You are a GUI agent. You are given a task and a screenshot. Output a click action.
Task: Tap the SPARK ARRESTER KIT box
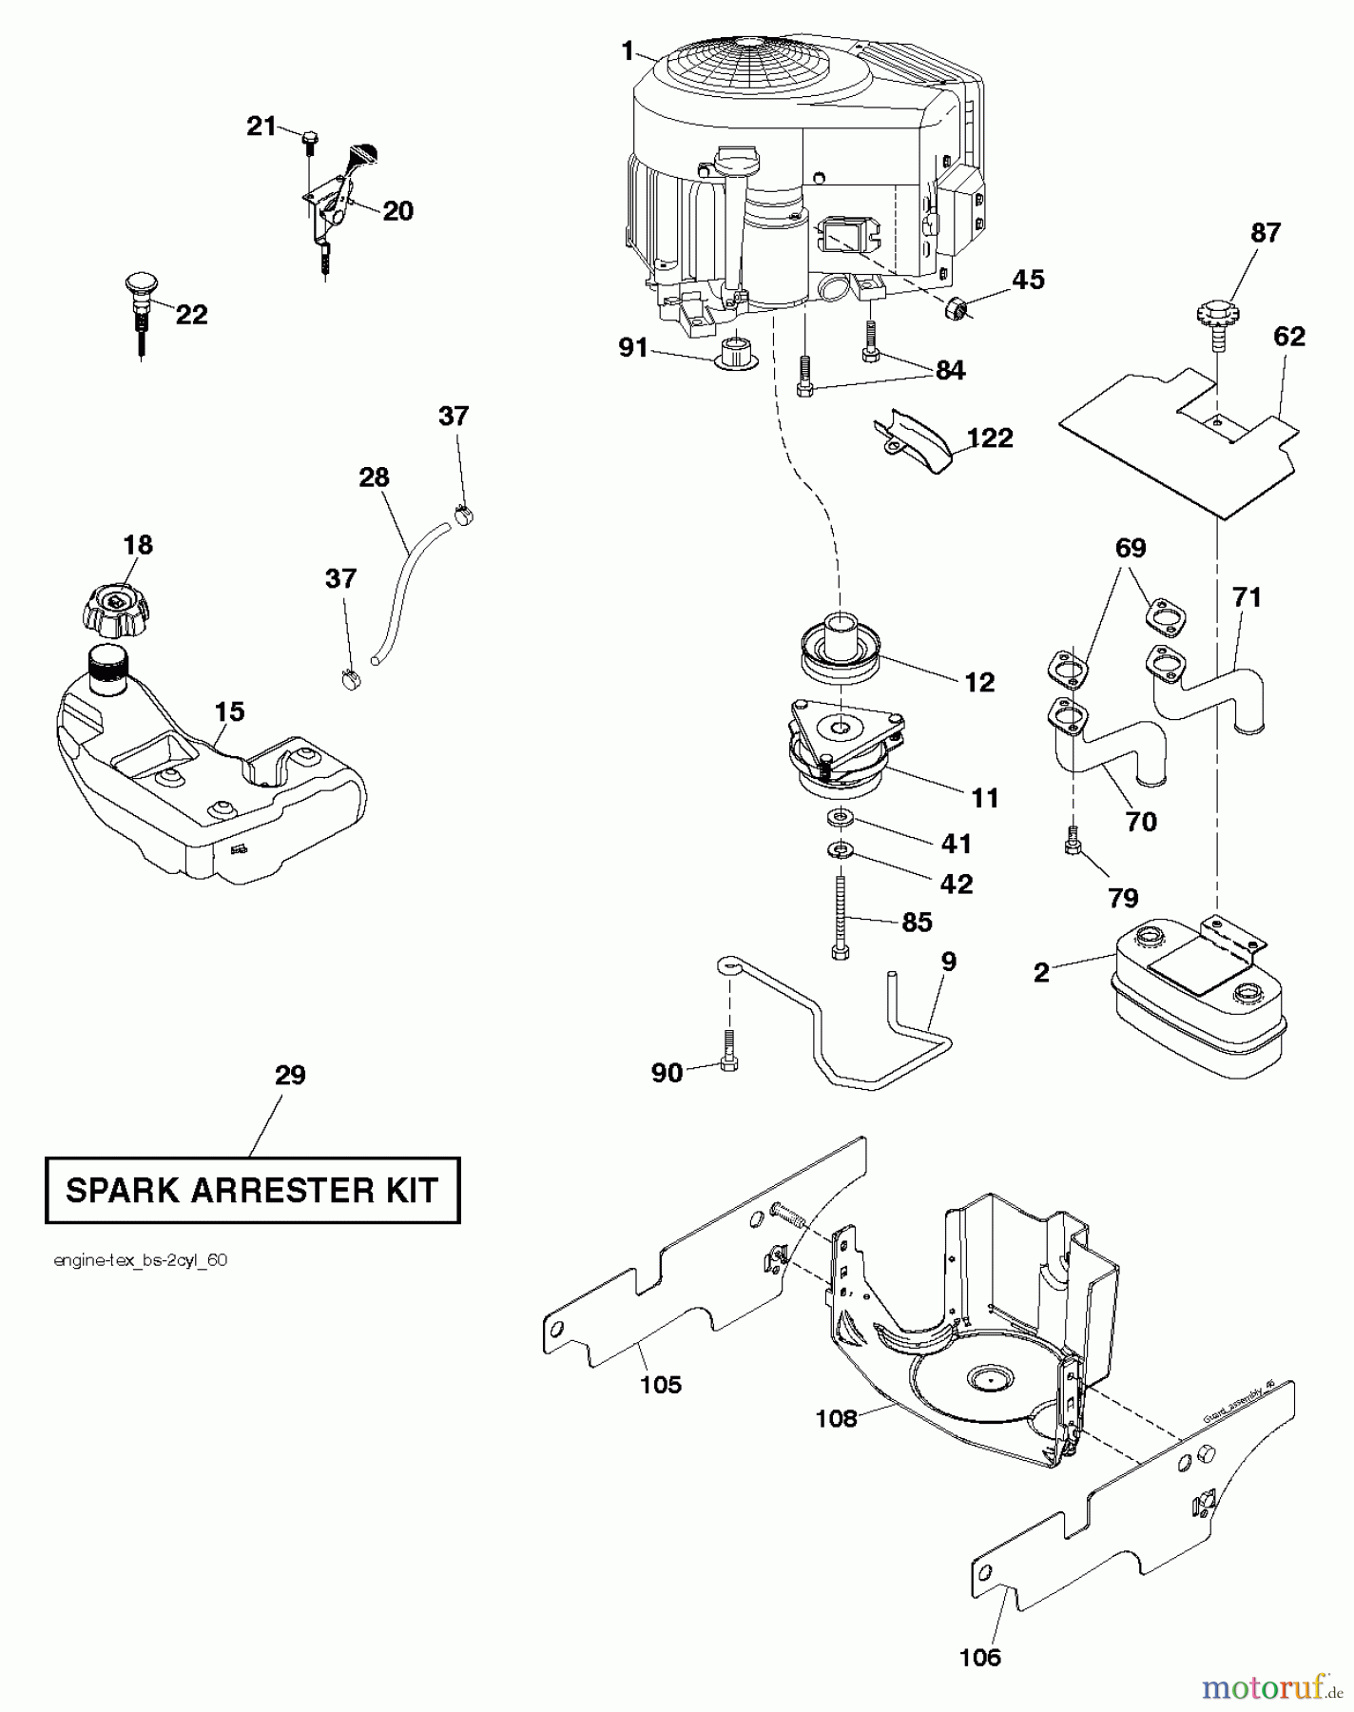coord(252,1189)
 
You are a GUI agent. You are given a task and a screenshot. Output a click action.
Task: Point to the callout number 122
coord(990,438)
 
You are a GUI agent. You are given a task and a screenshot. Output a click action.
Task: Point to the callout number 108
coord(837,1418)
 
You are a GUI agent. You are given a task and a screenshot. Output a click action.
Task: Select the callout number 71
coord(1247,596)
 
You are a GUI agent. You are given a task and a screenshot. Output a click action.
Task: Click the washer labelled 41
coord(840,815)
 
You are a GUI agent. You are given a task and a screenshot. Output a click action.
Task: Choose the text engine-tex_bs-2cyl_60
coord(141,1261)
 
